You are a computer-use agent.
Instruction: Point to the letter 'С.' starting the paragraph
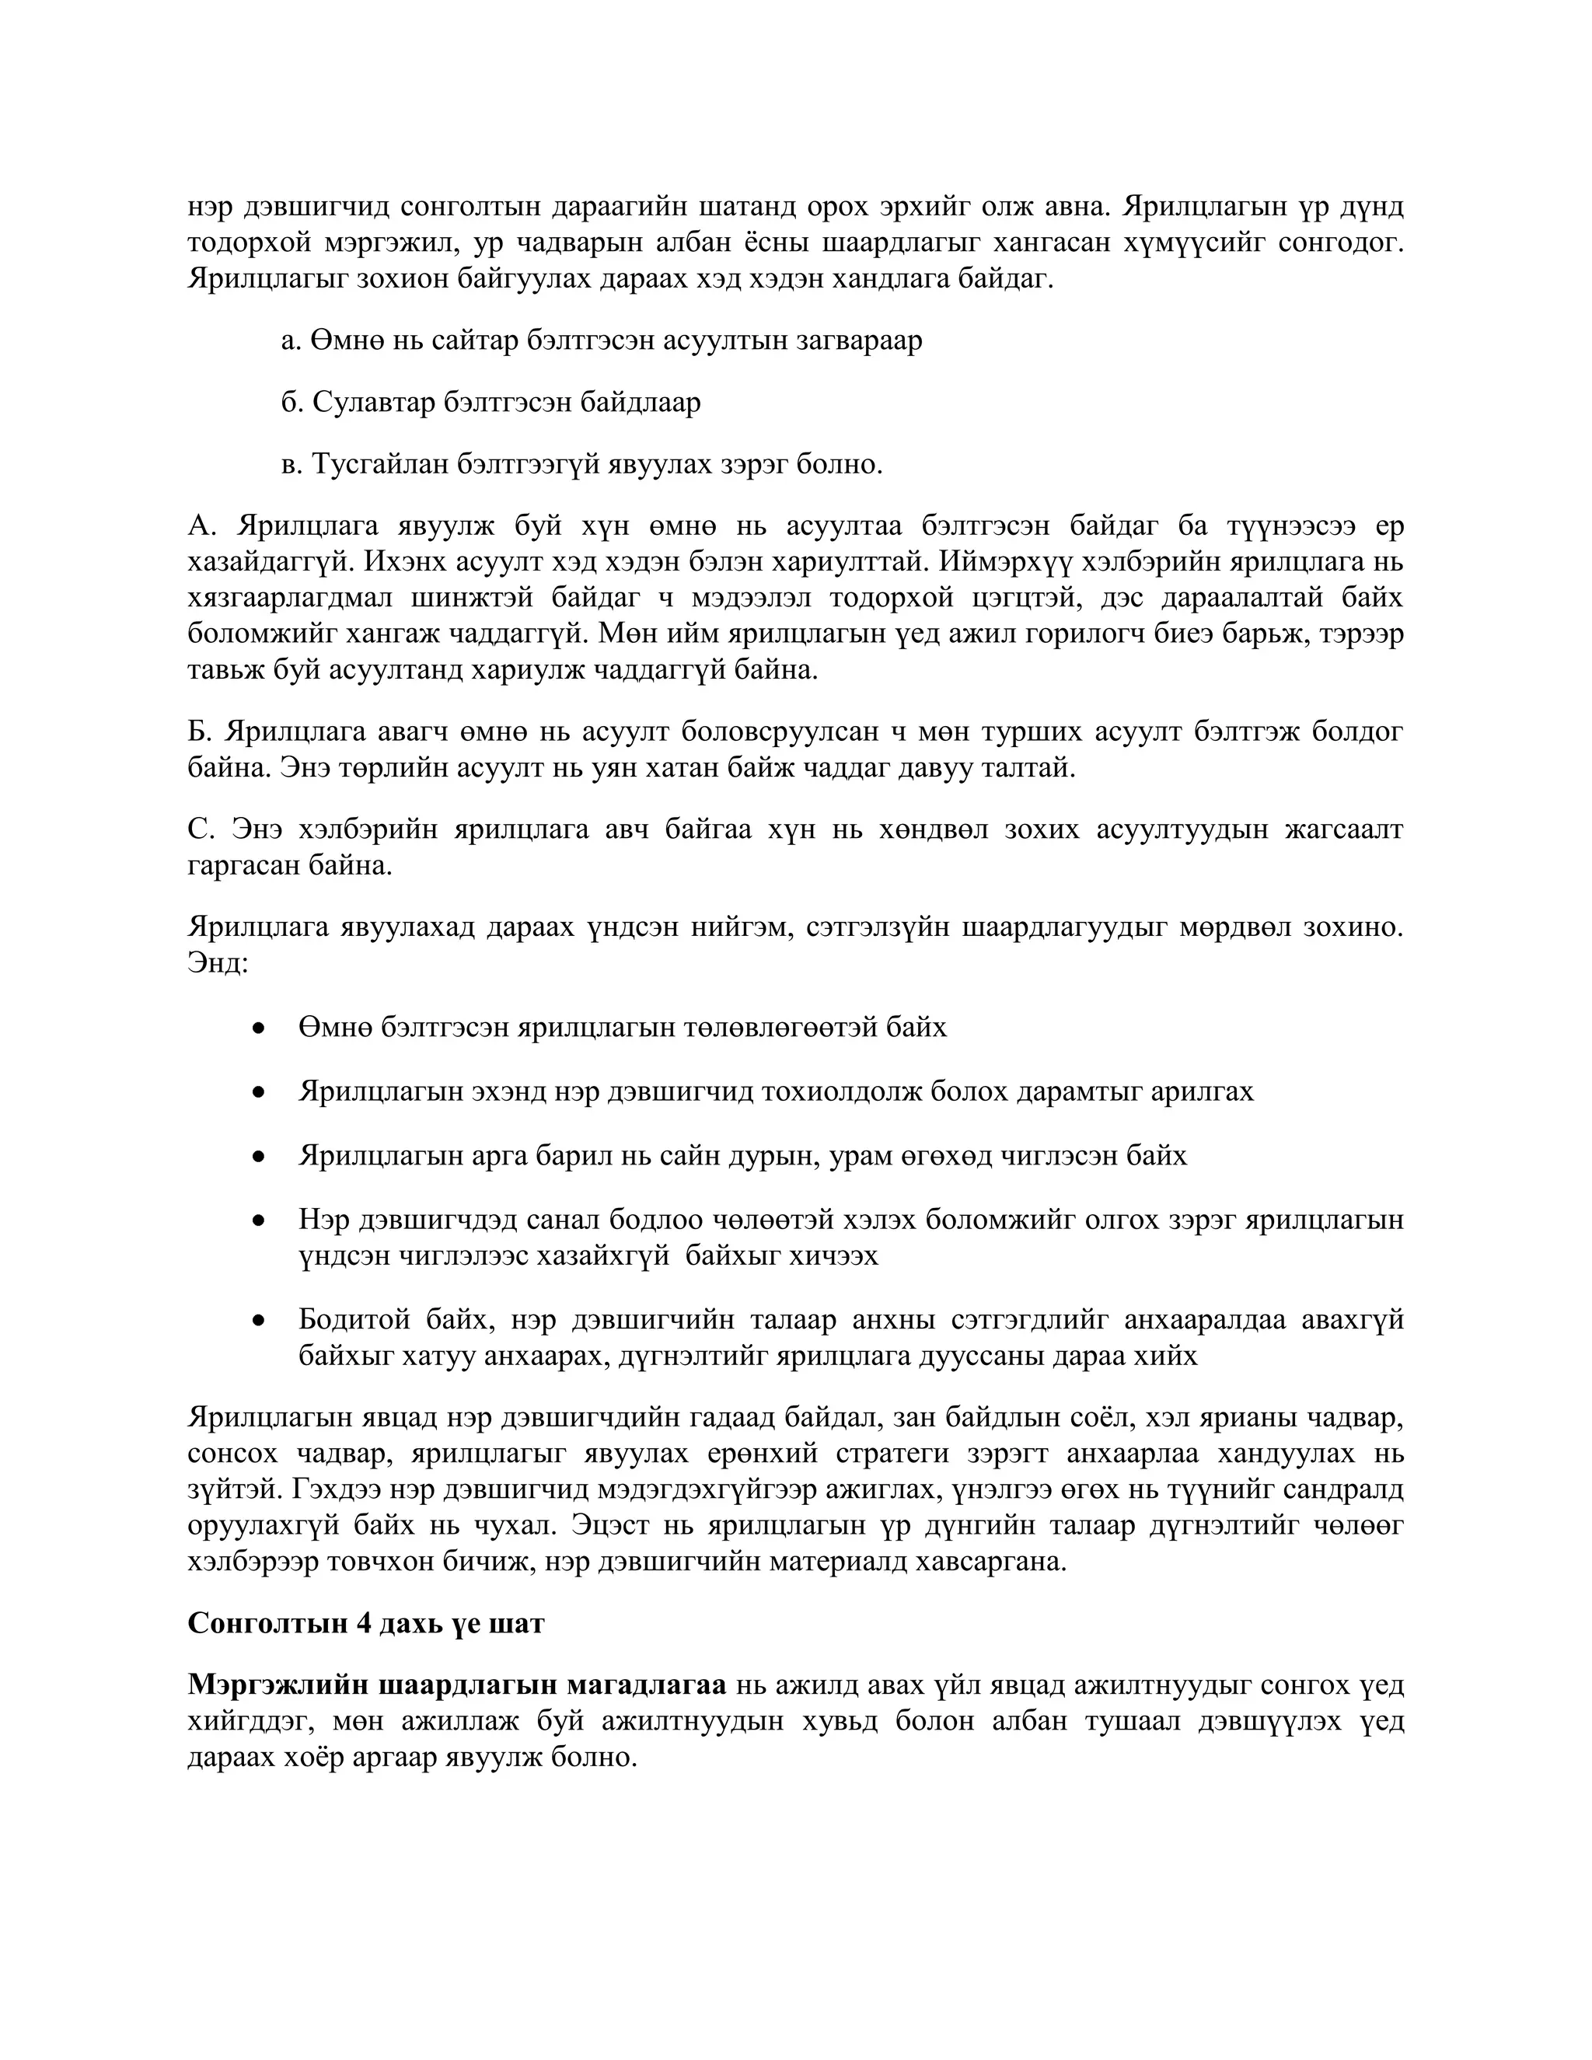point(201,829)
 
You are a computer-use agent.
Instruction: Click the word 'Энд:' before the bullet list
point(217,964)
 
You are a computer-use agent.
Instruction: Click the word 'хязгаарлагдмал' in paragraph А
point(289,598)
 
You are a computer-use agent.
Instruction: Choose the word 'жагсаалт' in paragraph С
point(1346,829)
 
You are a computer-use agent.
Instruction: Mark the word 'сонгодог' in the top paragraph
point(1340,243)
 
